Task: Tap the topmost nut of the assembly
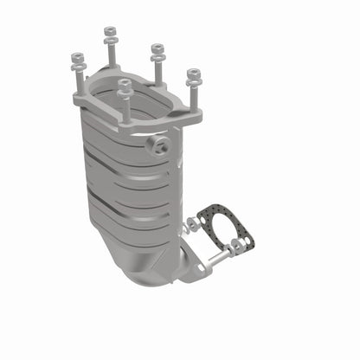point(110,31)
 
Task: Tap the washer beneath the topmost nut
point(110,41)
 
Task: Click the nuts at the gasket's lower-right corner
point(236,246)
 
